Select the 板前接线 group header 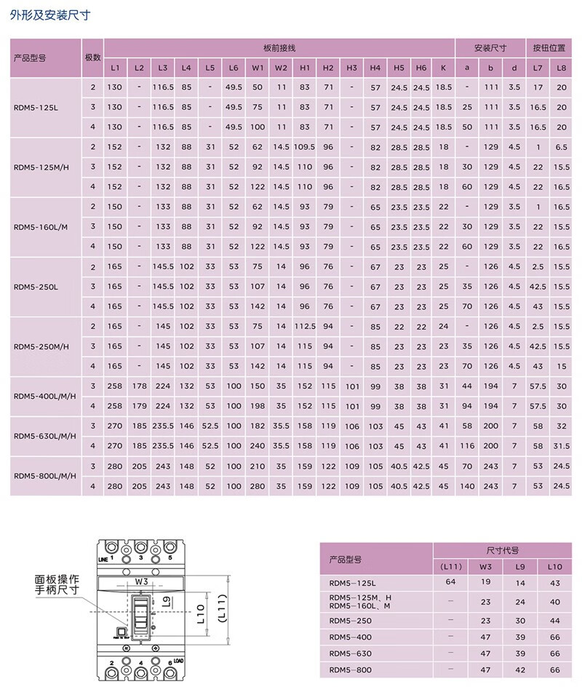(279, 48)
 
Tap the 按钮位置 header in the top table (549, 48)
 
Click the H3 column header (351, 68)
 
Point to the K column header (443, 68)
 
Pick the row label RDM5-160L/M (41, 226)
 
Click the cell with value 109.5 (305, 147)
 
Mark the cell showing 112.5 (305, 326)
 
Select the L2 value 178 (140, 386)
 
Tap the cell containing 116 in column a (467, 445)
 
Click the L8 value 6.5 (561, 147)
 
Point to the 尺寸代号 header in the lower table (502, 552)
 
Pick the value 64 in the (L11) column (450, 581)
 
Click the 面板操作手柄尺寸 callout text (56, 587)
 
